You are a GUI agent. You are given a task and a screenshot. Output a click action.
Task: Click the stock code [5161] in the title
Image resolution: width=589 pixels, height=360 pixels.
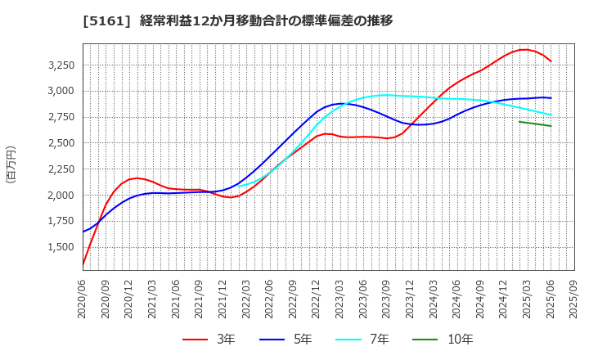tap(43, 20)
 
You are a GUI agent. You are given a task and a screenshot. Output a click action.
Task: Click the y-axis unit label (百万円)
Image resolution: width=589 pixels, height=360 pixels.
tap(11, 164)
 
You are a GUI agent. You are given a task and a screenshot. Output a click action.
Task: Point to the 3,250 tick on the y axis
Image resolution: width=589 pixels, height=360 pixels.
tap(58, 65)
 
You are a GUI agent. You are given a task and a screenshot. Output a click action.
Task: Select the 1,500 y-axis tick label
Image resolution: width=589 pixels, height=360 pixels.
tap(58, 247)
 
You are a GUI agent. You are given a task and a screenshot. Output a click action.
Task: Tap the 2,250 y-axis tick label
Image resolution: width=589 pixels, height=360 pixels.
tap(58, 169)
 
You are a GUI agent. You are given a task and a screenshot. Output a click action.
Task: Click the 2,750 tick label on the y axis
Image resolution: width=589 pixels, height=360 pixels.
tap(58, 117)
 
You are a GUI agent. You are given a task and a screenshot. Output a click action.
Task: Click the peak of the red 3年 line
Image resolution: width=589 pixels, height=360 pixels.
tap(524, 50)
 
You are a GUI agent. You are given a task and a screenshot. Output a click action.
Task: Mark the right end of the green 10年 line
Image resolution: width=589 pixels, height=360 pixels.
tap(551, 126)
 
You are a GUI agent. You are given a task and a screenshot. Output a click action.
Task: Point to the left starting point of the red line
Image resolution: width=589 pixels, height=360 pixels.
tap(83, 265)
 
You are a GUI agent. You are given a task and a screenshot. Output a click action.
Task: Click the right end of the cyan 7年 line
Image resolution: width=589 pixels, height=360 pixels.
tap(551, 115)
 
